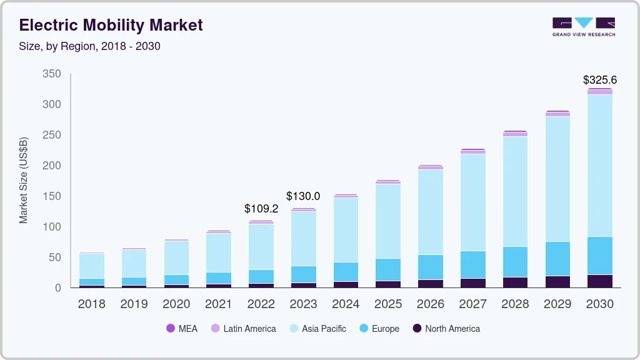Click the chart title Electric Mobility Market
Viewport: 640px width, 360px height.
point(111,25)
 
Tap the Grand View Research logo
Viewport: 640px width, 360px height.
point(583,26)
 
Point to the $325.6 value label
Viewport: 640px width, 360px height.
point(599,80)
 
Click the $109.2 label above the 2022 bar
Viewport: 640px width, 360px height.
point(261,209)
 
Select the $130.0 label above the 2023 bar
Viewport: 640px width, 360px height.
point(303,196)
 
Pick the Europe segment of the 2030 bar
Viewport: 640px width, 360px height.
point(599,256)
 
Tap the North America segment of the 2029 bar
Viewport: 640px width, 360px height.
point(558,281)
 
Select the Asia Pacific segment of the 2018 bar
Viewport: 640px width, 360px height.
point(92,266)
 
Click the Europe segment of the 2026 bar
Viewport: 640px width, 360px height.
point(430,267)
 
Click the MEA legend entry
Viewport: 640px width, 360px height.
point(181,328)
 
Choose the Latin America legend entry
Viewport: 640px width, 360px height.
point(243,328)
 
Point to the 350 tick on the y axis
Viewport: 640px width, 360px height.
point(52,74)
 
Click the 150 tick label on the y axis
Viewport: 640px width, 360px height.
point(52,196)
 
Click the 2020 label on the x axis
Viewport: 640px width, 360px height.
point(176,304)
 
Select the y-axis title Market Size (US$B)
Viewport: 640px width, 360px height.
point(24,181)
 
